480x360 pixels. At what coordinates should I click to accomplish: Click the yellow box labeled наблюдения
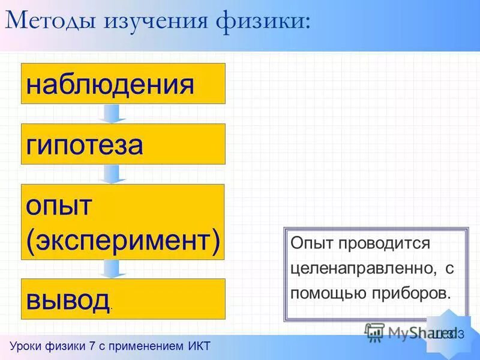click(x=123, y=84)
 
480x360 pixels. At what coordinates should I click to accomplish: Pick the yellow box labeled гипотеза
click(x=123, y=144)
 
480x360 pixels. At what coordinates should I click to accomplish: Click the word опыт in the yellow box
click(x=58, y=206)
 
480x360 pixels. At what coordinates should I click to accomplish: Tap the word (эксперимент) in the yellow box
click(x=123, y=240)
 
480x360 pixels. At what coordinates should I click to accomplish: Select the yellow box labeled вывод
click(x=123, y=298)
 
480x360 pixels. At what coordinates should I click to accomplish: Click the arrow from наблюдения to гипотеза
click(x=113, y=113)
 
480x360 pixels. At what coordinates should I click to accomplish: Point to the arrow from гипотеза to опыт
click(x=113, y=174)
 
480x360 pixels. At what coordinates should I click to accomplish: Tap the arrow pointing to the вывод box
click(x=113, y=268)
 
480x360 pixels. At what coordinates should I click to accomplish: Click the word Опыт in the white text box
click(x=311, y=244)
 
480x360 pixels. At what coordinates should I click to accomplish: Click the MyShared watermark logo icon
click(x=375, y=332)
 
